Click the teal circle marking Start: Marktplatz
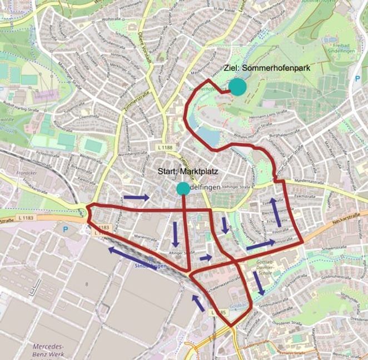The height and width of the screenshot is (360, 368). pyautogui.click(x=182, y=189)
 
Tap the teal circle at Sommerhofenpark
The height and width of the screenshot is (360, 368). pyautogui.click(x=237, y=87)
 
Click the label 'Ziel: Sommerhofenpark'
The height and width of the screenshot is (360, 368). pyautogui.click(x=266, y=68)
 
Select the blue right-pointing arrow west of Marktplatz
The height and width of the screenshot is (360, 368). pyautogui.click(x=136, y=197)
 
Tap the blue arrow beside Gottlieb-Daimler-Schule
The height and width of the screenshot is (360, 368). pyautogui.click(x=258, y=283)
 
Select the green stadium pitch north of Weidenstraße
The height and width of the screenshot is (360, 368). pyautogui.click(x=93, y=147)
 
